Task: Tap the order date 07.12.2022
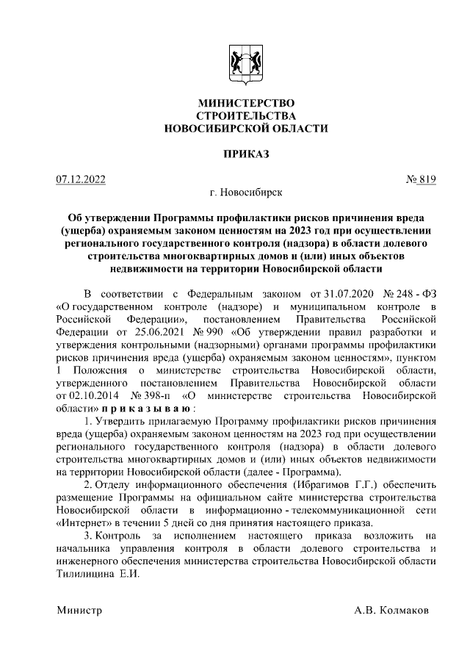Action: pos(81,179)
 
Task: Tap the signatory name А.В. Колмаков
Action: pos(393,611)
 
